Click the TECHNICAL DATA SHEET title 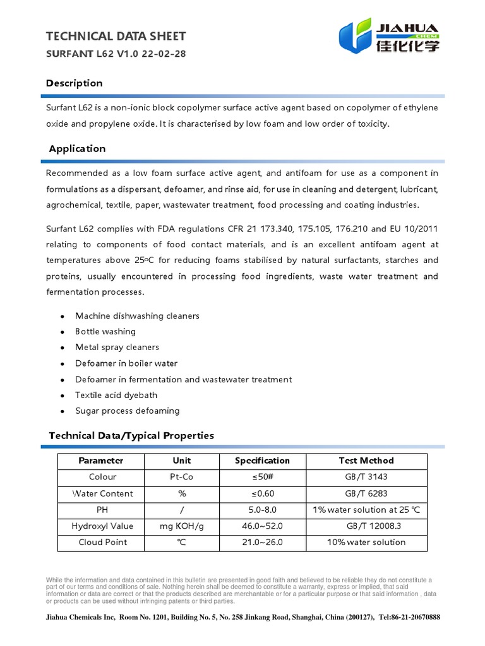[116, 37]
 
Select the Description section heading [75, 83]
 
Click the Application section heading [77, 149]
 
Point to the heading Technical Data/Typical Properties [131, 435]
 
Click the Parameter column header [101, 461]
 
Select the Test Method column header [366, 461]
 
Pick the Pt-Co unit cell [182, 477]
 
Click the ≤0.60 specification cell [262, 493]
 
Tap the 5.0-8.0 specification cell [262, 510]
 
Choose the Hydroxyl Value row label [102, 526]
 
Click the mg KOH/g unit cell [182, 526]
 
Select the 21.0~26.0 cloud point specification [262, 543]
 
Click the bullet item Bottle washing [105, 332]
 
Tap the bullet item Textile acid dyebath [116, 395]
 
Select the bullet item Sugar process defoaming [127, 411]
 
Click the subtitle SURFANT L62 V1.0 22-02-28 [116, 54]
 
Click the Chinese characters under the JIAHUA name [407, 46]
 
